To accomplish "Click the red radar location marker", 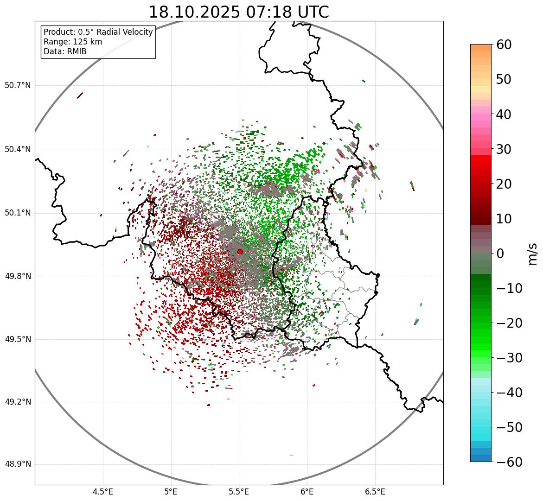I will point(240,252).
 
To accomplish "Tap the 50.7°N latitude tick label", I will point(18,86).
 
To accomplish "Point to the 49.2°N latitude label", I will point(18,402).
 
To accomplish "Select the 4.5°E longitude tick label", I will point(103,492).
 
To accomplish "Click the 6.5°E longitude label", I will point(375,492).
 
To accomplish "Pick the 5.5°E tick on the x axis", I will point(239,492).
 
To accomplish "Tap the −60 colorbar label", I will point(509,462).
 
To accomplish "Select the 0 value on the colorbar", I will point(500,254).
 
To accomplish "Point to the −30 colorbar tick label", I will point(509,358).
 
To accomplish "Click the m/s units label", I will point(533,253).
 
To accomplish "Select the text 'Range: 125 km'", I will point(73,42).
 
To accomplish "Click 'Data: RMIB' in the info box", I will point(65,51).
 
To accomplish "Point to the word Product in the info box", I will point(59,32).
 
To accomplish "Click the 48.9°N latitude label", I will point(18,464).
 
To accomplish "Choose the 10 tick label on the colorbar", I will point(505,219).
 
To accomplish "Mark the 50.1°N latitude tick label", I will point(18,213).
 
